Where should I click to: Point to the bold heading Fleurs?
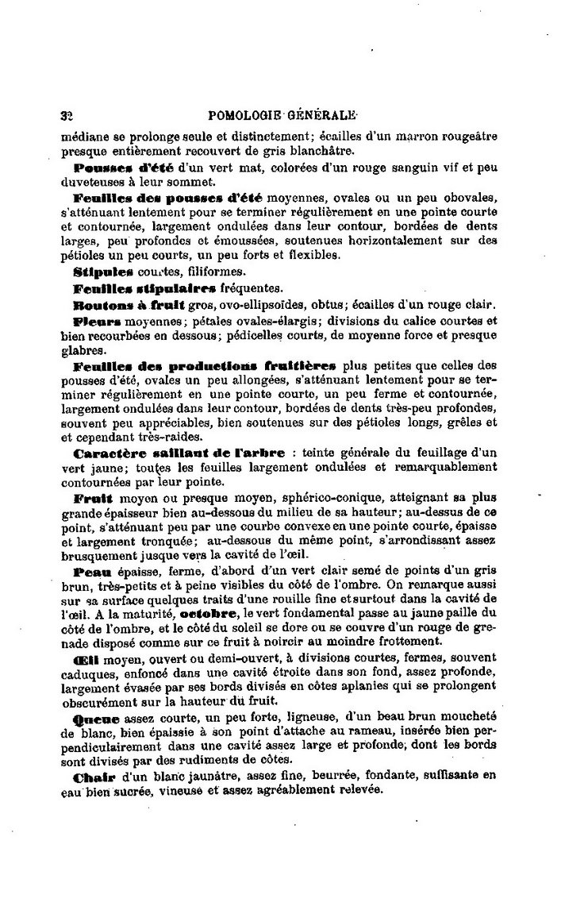coord(96,321)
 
